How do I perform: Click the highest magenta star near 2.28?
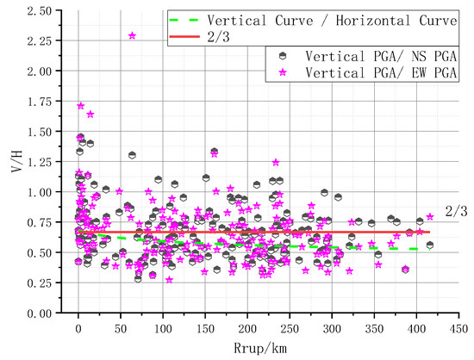pyautogui.click(x=132, y=36)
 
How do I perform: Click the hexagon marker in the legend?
pyautogui.click(x=284, y=53)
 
